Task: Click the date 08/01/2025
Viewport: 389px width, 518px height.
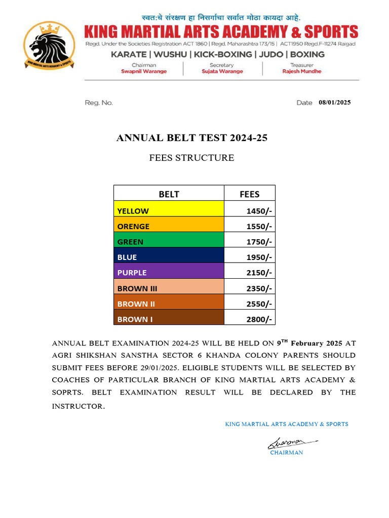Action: click(x=334, y=102)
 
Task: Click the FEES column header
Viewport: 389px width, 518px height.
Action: click(x=249, y=194)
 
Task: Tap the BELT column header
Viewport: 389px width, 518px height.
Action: click(x=169, y=194)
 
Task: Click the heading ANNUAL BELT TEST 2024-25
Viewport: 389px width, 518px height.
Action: click(x=191, y=138)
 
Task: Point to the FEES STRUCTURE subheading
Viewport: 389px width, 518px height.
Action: click(x=191, y=158)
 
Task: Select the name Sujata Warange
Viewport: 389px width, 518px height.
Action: click(x=222, y=71)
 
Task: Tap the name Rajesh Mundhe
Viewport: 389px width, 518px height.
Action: click(x=301, y=71)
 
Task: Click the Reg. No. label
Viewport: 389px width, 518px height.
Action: click(x=99, y=103)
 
